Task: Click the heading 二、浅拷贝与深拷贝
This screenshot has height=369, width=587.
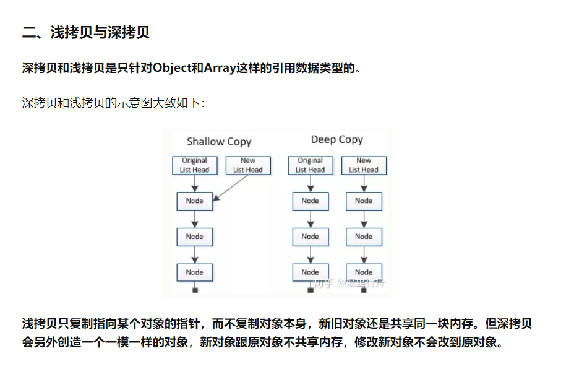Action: [86, 33]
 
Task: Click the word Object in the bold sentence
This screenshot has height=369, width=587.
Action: [172, 68]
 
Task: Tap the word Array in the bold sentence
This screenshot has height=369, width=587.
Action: [220, 68]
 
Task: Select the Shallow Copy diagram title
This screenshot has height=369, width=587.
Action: [219, 142]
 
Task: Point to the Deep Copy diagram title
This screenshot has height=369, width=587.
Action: [336, 140]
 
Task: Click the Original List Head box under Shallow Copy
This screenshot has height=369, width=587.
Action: [194, 165]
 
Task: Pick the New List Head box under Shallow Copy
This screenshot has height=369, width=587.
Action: [247, 165]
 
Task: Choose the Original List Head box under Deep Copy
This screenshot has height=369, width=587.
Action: [310, 165]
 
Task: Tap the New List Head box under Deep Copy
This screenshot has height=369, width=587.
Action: [363, 165]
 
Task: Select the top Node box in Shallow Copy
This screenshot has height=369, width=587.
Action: [194, 201]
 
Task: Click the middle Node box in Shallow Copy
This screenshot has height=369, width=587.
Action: [194, 237]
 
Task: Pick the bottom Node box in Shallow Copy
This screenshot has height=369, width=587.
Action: [194, 272]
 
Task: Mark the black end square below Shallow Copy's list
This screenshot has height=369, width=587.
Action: [195, 290]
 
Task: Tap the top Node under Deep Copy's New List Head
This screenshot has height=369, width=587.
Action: [363, 201]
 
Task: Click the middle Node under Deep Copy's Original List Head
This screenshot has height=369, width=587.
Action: [310, 237]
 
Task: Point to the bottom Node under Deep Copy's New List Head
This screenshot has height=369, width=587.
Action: [363, 272]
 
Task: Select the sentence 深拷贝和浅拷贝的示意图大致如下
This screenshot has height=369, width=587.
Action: [113, 103]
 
